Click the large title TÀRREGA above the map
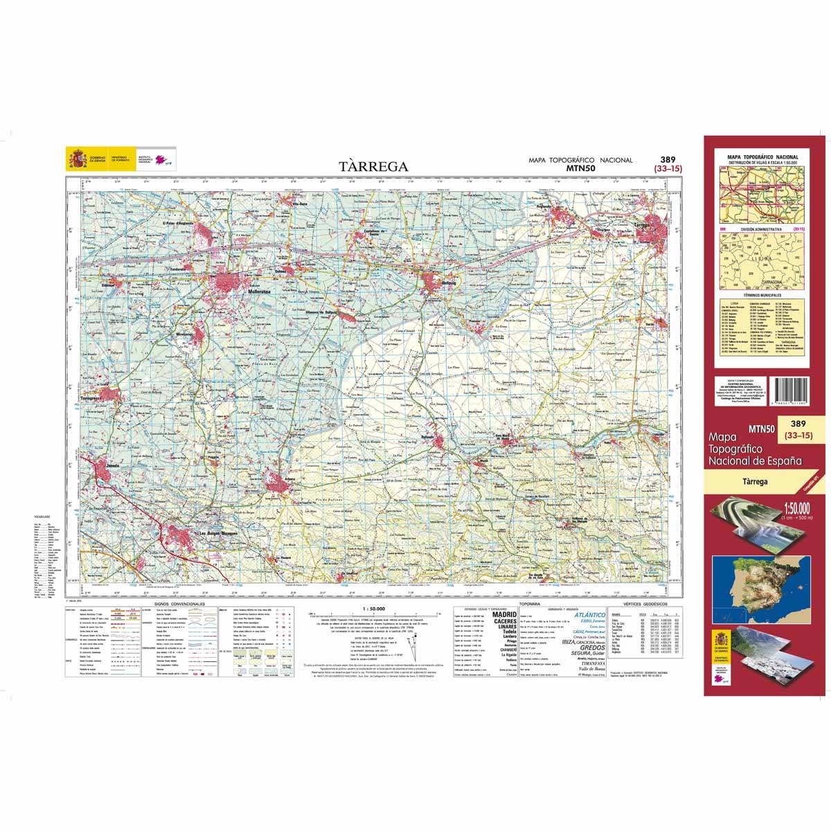click(x=374, y=166)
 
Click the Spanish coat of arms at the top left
click(x=76, y=159)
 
